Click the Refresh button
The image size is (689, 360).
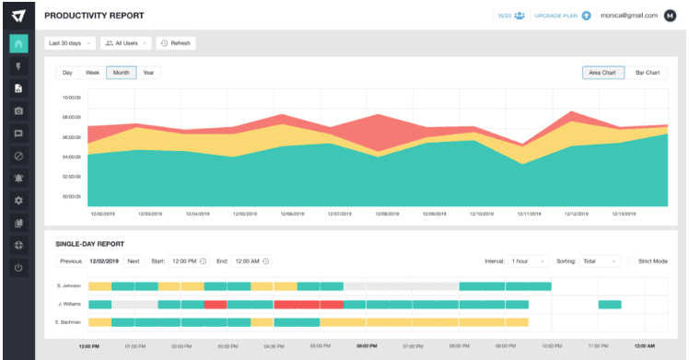pos(175,42)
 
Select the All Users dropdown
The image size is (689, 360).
pos(126,42)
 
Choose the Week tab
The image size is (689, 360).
pos(93,72)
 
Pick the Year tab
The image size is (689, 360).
pos(148,72)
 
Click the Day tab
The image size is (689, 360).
pos(67,72)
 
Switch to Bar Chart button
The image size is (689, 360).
pos(648,72)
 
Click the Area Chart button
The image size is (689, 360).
pos(602,72)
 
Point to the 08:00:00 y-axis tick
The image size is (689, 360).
pos(72,118)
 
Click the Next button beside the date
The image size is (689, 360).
pos(134,261)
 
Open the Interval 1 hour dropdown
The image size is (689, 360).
pos(529,261)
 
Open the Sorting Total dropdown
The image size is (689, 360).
pos(601,261)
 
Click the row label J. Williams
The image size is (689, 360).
pos(70,304)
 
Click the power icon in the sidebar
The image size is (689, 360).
pos(18,268)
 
